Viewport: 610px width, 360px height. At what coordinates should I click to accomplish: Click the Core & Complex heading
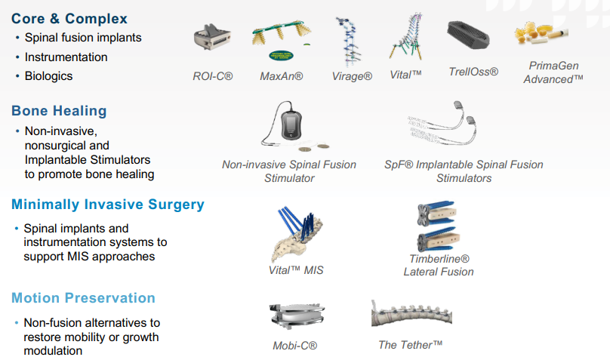pos(69,19)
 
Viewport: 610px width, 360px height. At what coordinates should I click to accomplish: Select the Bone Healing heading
pos(59,111)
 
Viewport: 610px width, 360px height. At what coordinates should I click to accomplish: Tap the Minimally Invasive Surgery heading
pos(108,205)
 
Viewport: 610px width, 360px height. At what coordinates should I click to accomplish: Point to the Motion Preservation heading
pos(83,298)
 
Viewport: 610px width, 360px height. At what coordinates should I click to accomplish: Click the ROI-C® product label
pos(213,76)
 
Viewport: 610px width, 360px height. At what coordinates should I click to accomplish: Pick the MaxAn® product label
pos(282,76)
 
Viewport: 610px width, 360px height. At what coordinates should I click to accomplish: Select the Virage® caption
pos(352,76)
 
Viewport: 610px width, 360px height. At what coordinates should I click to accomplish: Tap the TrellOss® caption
pos(473,72)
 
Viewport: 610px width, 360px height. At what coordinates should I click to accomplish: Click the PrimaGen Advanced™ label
pos(553,72)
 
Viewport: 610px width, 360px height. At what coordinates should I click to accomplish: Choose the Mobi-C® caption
pos(295,346)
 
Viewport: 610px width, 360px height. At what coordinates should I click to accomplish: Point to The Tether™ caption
pos(411,345)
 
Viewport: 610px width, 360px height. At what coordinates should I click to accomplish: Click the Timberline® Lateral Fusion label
pos(439,265)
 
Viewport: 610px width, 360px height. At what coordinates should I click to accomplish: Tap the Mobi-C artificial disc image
pos(297,315)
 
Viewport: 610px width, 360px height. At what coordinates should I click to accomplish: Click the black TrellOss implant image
pos(468,35)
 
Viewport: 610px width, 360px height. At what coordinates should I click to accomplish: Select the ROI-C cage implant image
pos(212,36)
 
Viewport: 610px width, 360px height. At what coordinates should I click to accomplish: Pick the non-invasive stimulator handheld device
pos(291,125)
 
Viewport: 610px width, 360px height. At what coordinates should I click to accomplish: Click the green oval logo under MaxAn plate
pos(282,56)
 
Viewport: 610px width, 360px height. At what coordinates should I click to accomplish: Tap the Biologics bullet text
pos(48,75)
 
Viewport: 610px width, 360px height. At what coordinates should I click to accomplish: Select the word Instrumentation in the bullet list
pos(66,57)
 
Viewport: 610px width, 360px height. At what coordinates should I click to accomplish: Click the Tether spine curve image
pos(411,314)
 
